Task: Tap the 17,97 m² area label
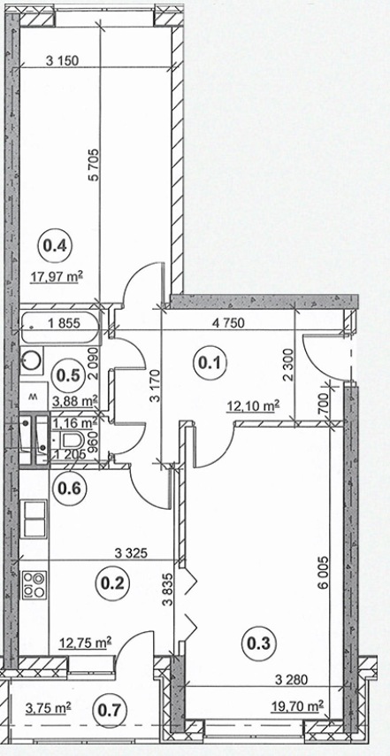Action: pyautogui.click(x=57, y=277)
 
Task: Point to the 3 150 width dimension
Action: pyautogui.click(x=62, y=61)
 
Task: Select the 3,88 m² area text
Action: pyautogui.click(x=74, y=400)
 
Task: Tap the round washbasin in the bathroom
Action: pyautogui.click(x=32, y=359)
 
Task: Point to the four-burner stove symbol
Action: pyautogui.click(x=34, y=585)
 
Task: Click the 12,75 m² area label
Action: pyautogui.click(x=86, y=642)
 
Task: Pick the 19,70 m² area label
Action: pyautogui.click(x=295, y=706)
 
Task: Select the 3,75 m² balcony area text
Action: pyautogui.click(x=48, y=707)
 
